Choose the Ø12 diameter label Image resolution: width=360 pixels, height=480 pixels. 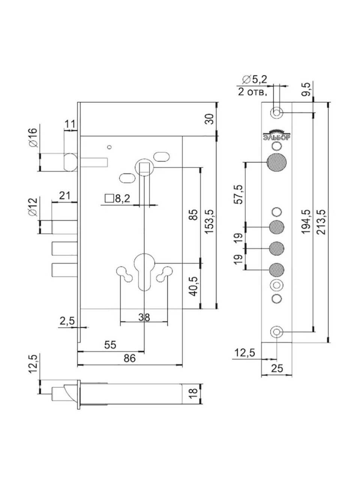(x=33, y=207)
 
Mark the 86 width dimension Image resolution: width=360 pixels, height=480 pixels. (x=129, y=358)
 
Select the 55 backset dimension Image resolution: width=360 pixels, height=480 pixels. (x=110, y=344)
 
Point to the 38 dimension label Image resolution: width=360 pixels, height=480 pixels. (x=144, y=317)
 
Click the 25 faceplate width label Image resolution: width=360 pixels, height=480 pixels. (x=277, y=369)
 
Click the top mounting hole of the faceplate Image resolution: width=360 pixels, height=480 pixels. (x=277, y=112)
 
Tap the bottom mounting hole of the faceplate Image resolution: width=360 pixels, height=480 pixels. (x=277, y=331)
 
